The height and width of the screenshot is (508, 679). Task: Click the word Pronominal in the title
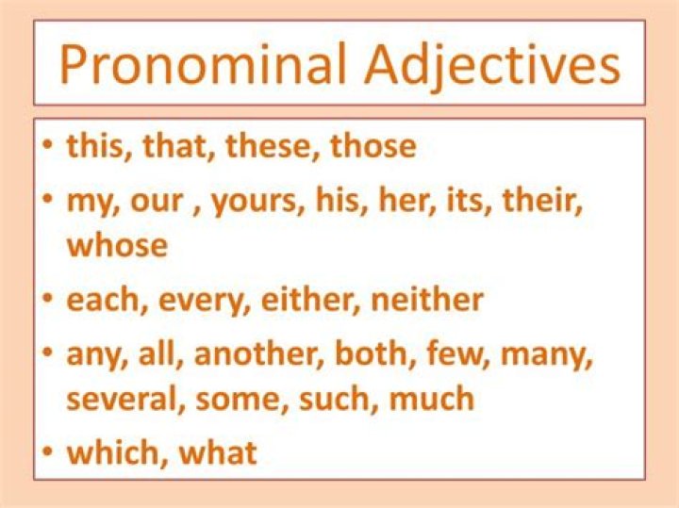pos(203,63)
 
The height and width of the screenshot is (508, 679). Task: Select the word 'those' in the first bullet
pos(373,146)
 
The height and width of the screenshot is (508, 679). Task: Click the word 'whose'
pos(117,245)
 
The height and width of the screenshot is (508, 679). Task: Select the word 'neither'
pos(427,299)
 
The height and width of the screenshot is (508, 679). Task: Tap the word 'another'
pos(258,353)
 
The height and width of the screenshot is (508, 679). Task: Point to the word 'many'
pos(546,356)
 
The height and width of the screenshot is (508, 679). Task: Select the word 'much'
pos(431,399)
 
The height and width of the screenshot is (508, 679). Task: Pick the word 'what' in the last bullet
pos(218,452)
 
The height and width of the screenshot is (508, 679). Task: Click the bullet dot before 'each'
pos(50,300)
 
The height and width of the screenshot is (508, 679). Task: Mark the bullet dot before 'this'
pos(50,146)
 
